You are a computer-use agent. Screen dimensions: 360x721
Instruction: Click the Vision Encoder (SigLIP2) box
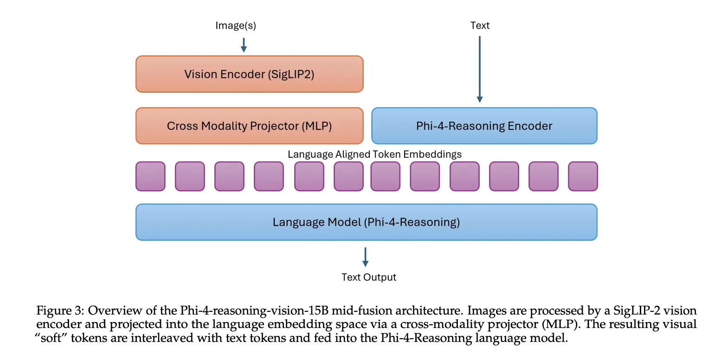point(249,74)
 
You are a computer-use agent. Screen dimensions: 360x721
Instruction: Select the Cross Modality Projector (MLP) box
point(249,126)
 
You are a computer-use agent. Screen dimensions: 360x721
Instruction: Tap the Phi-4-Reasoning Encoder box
point(484,126)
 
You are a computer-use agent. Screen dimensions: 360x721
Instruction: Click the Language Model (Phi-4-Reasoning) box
point(366,222)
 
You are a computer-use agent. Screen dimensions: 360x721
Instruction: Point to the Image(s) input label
point(236,26)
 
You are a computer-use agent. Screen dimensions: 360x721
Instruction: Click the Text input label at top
point(480,26)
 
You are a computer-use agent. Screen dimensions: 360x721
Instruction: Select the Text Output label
point(369,277)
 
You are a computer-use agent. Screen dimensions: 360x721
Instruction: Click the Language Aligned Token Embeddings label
point(374,154)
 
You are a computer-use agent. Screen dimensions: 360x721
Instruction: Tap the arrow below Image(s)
point(244,45)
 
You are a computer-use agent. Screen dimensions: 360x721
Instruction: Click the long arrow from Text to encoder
point(480,70)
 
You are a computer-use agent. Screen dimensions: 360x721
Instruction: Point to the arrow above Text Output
point(366,257)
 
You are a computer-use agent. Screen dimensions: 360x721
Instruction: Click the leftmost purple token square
point(150,176)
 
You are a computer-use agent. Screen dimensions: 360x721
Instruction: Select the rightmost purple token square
point(583,176)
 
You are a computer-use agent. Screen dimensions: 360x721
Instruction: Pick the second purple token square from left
point(190,176)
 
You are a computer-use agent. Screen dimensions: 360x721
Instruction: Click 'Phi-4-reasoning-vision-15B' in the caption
point(244,311)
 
